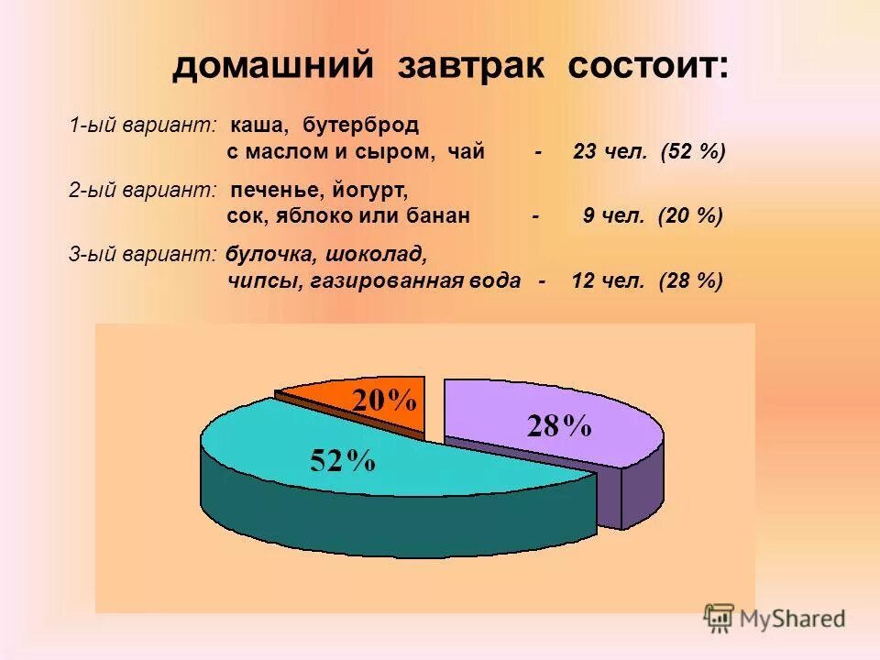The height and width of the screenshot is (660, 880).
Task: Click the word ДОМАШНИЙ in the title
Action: (x=274, y=68)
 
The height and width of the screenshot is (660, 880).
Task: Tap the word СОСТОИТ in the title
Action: (x=648, y=68)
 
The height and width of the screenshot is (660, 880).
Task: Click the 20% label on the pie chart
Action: (x=385, y=401)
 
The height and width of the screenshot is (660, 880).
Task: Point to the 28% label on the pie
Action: (x=558, y=426)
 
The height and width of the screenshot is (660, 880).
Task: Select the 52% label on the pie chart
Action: (x=342, y=460)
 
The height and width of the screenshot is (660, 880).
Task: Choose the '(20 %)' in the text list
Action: (x=690, y=216)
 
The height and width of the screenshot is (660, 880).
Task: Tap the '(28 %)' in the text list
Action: (x=690, y=280)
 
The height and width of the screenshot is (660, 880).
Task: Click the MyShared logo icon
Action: (x=720, y=617)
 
